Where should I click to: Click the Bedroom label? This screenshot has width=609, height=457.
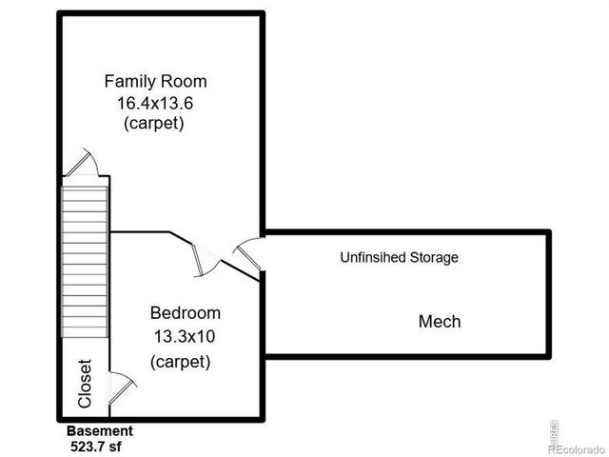[x=186, y=313]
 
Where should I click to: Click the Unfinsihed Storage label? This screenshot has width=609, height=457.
[x=400, y=257]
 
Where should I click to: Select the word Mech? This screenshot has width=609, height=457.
[x=440, y=322]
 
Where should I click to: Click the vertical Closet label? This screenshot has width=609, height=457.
[x=85, y=383]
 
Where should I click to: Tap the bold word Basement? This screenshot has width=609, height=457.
[x=99, y=430]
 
